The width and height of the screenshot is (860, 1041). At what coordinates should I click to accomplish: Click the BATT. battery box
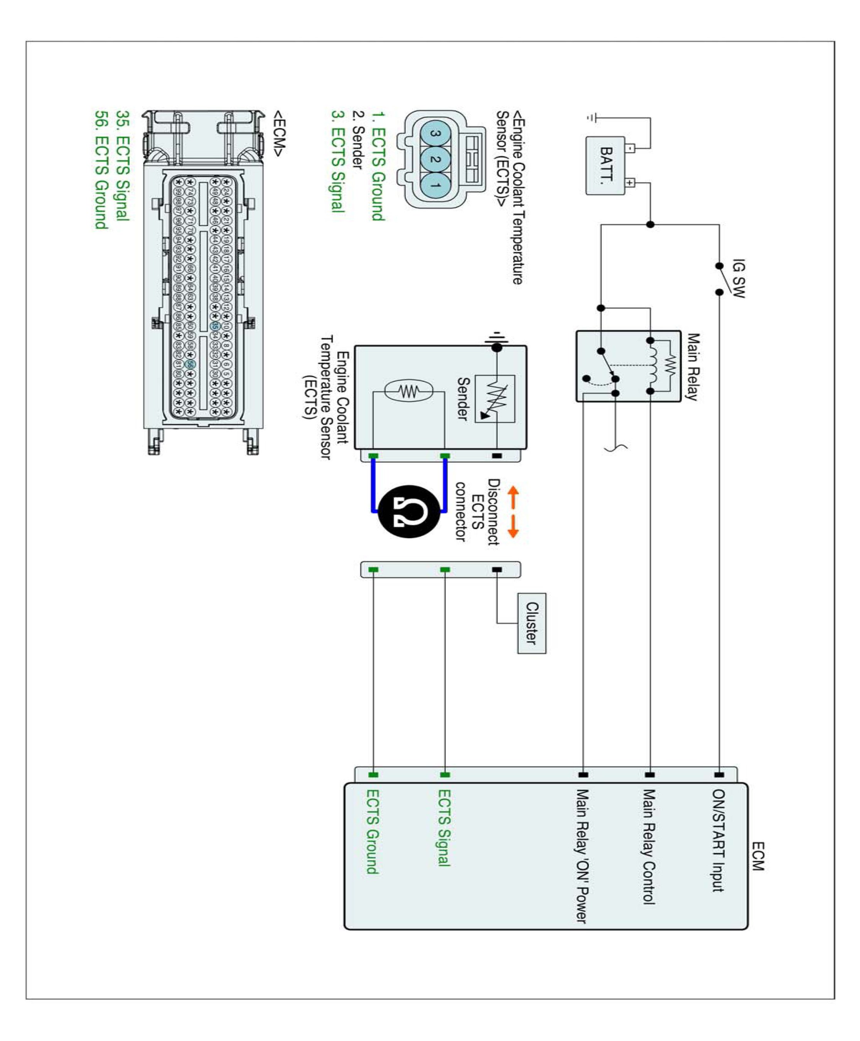click(605, 165)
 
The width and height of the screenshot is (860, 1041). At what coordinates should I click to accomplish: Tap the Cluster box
click(531, 623)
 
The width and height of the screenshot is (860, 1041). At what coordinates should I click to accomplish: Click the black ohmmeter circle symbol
click(409, 511)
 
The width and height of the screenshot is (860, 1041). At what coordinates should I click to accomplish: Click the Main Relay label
click(693, 367)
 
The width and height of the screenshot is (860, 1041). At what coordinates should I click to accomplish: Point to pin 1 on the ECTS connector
click(436, 185)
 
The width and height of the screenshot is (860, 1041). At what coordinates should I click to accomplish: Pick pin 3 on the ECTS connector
click(436, 134)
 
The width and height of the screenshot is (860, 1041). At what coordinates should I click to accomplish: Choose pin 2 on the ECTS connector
click(436, 159)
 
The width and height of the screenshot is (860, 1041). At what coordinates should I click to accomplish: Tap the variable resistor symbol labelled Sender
click(495, 398)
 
